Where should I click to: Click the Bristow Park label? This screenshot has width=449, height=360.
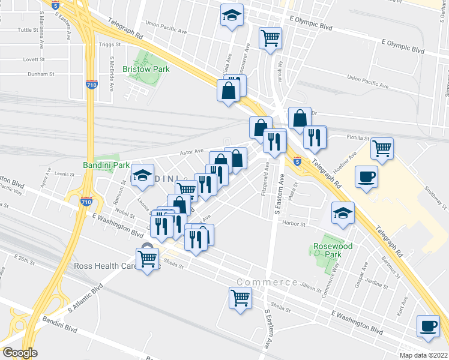[x=146, y=69]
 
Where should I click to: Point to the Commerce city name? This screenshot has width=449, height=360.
[x=267, y=282]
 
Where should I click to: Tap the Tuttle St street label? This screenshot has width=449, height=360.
[x=28, y=29]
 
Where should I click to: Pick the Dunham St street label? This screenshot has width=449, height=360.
[x=41, y=74]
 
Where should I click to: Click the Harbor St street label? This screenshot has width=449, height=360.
[x=295, y=224]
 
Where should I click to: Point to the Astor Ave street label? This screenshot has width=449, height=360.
[x=192, y=152]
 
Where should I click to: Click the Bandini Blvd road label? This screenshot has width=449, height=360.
[x=60, y=329]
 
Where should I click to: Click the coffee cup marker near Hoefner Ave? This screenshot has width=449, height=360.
[x=366, y=176]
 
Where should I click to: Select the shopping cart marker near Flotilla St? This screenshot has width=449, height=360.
[x=382, y=147]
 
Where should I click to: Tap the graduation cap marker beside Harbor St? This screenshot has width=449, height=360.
[x=343, y=213]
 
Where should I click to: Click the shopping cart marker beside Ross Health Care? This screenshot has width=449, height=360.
[x=147, y=259]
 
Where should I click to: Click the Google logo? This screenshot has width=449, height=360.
[x=20, y=353]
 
